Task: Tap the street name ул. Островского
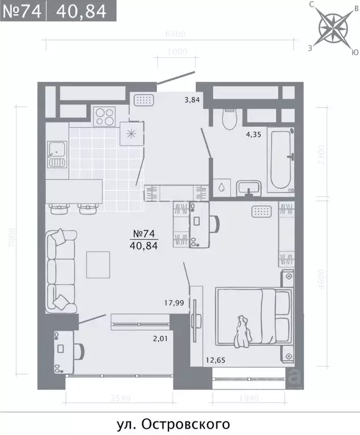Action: [180, 423]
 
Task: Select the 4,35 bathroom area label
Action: [253, 135]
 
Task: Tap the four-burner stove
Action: [104, 117]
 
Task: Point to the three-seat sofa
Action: [61, 269]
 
